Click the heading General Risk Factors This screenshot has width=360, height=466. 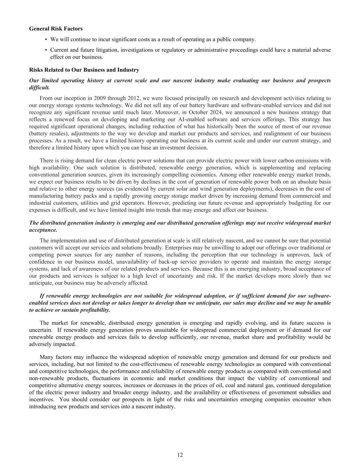(56, 29)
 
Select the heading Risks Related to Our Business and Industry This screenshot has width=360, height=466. (84, 70)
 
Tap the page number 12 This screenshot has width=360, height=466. (180, 455)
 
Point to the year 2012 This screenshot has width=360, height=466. (131, 98)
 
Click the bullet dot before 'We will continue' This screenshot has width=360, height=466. (46, 40)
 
